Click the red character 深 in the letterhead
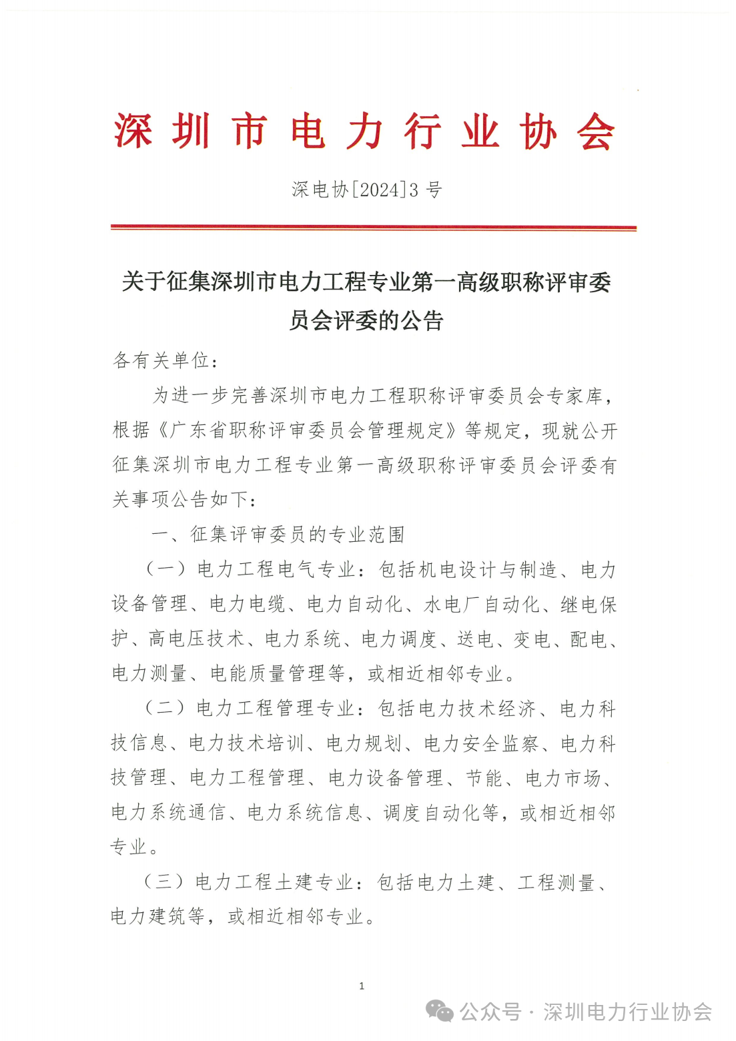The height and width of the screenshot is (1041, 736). [x=132, y=131]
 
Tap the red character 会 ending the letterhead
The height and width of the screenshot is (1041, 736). [x=596, y=131]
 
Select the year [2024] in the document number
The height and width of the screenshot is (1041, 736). [x=378, y=190]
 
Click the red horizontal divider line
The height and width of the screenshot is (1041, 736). [x=373, y=228]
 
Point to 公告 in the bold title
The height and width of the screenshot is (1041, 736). [x=422, y=321]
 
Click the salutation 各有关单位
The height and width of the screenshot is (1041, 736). [x=161, y=360]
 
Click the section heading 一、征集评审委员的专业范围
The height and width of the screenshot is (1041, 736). [x=278, y=534]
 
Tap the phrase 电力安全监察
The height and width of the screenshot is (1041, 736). [x=481, y=743]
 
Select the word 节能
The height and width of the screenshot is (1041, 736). [x=484, y=777]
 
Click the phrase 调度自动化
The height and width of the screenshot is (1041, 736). [x=440, y=812]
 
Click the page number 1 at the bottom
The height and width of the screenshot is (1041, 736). [x=362, y=986]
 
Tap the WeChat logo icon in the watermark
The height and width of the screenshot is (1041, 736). [x=439, y=1012]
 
